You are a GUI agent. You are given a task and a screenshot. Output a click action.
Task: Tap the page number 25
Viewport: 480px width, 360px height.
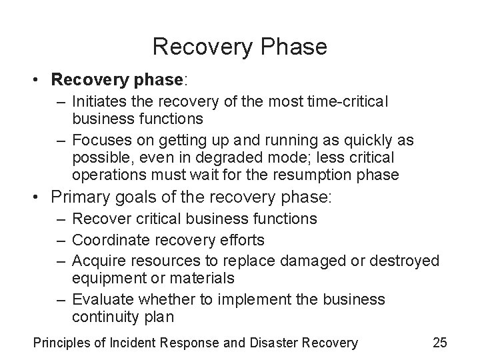439,343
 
